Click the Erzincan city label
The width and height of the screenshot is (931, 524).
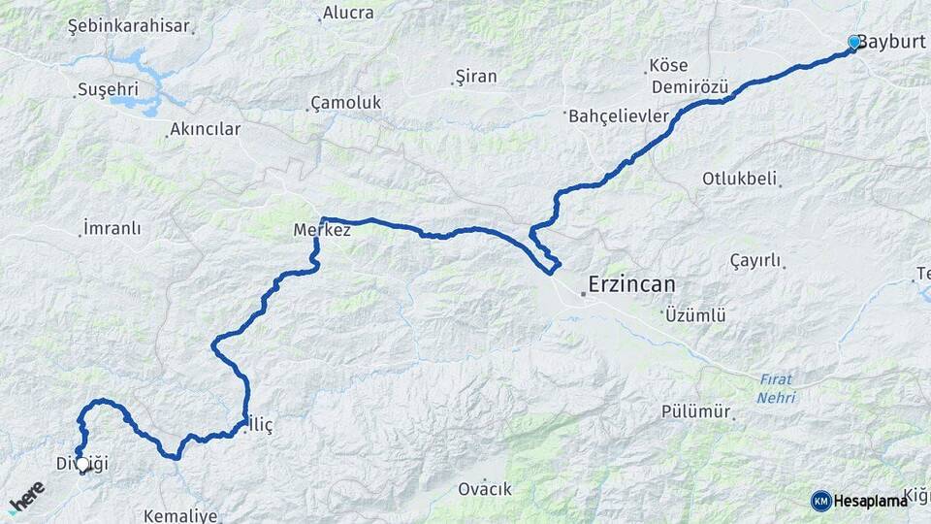(631, 285)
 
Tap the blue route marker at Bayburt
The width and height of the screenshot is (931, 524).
(853, 43)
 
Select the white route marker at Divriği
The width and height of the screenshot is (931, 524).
(83, 465)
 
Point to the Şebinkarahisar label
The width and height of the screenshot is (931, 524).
(128, 26)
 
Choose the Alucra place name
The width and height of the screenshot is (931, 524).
(347, 13)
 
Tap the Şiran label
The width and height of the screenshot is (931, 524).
(475, 77)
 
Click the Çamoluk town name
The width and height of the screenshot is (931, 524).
(345, 103)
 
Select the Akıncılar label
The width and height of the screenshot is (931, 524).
(205, 129)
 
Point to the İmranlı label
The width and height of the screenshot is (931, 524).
(112, 229)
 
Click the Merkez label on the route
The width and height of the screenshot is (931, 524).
(322, 231)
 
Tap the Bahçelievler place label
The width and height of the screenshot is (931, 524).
(618, 116)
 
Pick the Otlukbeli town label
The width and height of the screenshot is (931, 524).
(741, 180)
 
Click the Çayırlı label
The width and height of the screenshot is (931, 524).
(754, 260)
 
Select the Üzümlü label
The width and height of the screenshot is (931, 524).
(695, 315)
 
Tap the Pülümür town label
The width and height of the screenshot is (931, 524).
(695, 411)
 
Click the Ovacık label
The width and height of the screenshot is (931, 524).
(485, 489)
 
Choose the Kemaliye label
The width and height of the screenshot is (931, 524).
(180, 515)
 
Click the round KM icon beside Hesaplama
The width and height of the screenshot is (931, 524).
(820, 501)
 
